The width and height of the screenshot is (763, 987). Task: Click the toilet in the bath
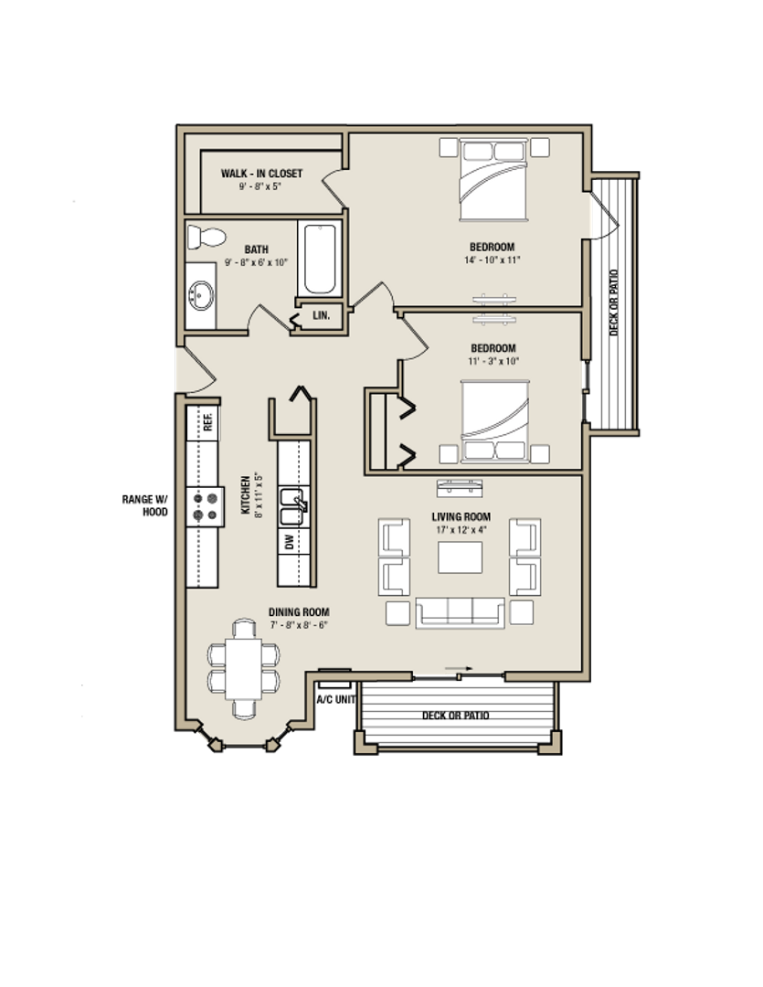tap(206, 238)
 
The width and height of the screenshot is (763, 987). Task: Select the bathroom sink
tap(202, 295)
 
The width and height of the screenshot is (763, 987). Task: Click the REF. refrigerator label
tap(208, 422)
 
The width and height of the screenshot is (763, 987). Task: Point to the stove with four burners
tap(205, 506)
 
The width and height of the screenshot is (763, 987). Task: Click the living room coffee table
tap(460, 557)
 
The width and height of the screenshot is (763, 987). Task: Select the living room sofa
tap(460, 612)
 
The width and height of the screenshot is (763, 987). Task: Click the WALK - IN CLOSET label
tap(261, 174)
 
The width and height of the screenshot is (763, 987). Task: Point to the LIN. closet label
tap(321, 315)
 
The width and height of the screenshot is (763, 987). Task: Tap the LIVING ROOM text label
tap(461, 517)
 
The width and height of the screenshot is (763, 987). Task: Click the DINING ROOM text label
tap(299, 612)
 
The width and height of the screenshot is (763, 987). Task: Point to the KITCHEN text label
tap(245, 494)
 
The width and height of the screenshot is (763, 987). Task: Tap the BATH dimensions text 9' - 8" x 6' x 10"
tap(257, 263)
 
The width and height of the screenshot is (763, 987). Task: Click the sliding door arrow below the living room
tap(455, 670)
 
